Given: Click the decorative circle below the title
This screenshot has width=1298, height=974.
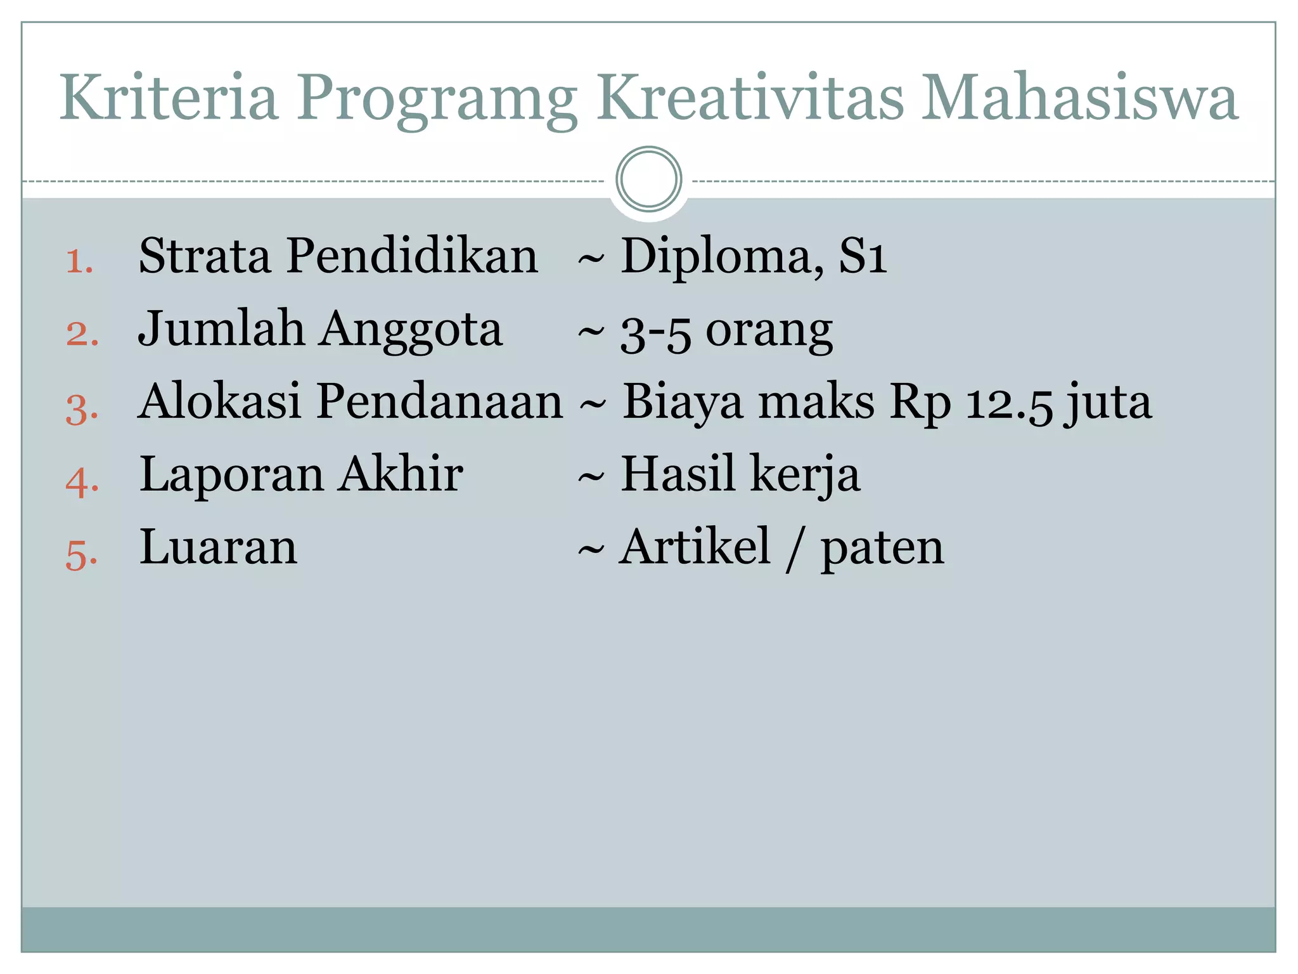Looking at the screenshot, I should [x=648, y=179].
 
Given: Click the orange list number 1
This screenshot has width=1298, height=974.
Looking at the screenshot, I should [x=80, y=261].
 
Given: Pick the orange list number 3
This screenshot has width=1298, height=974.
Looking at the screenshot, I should [x=82, y=408].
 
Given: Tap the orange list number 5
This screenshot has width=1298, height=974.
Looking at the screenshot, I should [x=82, y=555].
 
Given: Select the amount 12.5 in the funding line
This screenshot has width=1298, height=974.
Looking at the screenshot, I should [x=1009, y=403].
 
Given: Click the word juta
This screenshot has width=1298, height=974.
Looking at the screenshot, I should [x=1108, y=403].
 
